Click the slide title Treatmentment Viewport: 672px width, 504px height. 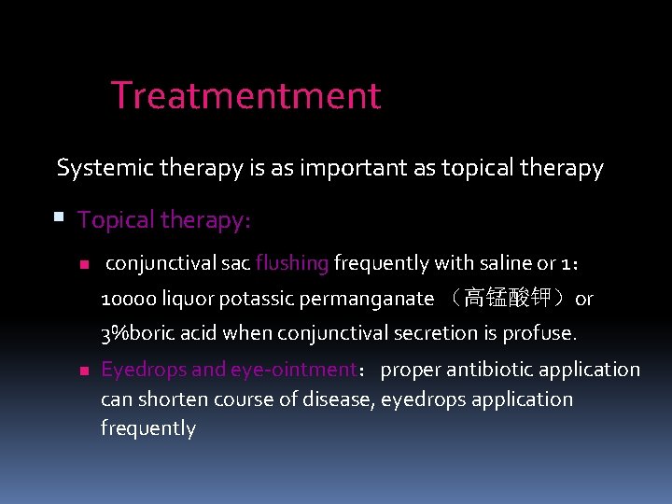tap(245, 96)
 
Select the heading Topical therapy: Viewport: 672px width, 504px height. tap(164, 220)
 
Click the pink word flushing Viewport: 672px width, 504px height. tap(292, 263)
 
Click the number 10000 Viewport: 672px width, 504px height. tap(128, 299)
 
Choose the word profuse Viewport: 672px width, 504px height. tap(540, 333)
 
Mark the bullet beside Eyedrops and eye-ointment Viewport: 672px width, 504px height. tap(82, 371)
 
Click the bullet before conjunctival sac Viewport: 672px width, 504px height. tap(82, 264)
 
